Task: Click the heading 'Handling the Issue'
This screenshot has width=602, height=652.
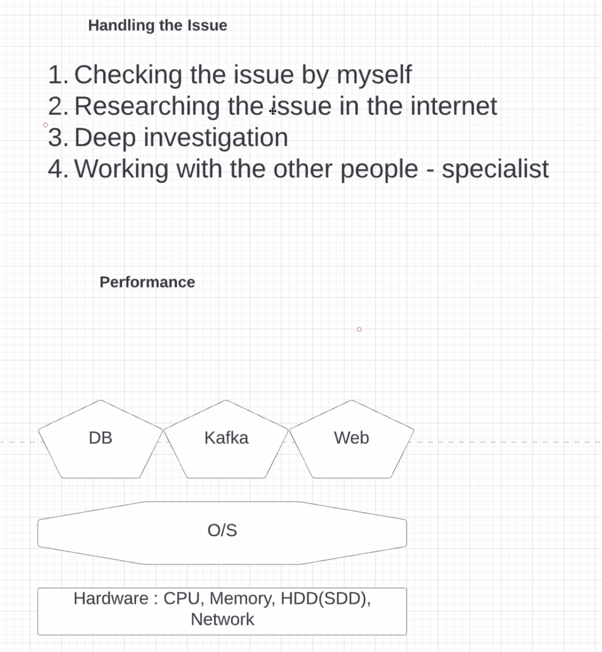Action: [157, 26]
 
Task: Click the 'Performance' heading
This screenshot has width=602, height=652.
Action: [147, 282]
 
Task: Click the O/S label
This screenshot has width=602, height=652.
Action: [222, 530]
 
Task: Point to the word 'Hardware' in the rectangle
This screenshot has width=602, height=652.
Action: [111, 599]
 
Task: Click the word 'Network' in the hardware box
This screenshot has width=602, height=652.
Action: [222, 620]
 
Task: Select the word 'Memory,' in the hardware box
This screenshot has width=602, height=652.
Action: [242, 599]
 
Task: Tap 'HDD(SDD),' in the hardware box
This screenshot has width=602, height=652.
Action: [325, 599]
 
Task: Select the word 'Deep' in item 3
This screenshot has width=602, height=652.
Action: [105, 138]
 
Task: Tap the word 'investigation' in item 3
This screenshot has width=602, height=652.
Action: [216, 138]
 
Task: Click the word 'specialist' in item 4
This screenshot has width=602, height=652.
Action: [495, 169]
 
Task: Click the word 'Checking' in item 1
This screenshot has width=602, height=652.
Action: [128, 75]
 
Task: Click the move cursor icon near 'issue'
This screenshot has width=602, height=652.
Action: [273, 111]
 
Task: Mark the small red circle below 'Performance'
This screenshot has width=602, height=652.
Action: [359, 329]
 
